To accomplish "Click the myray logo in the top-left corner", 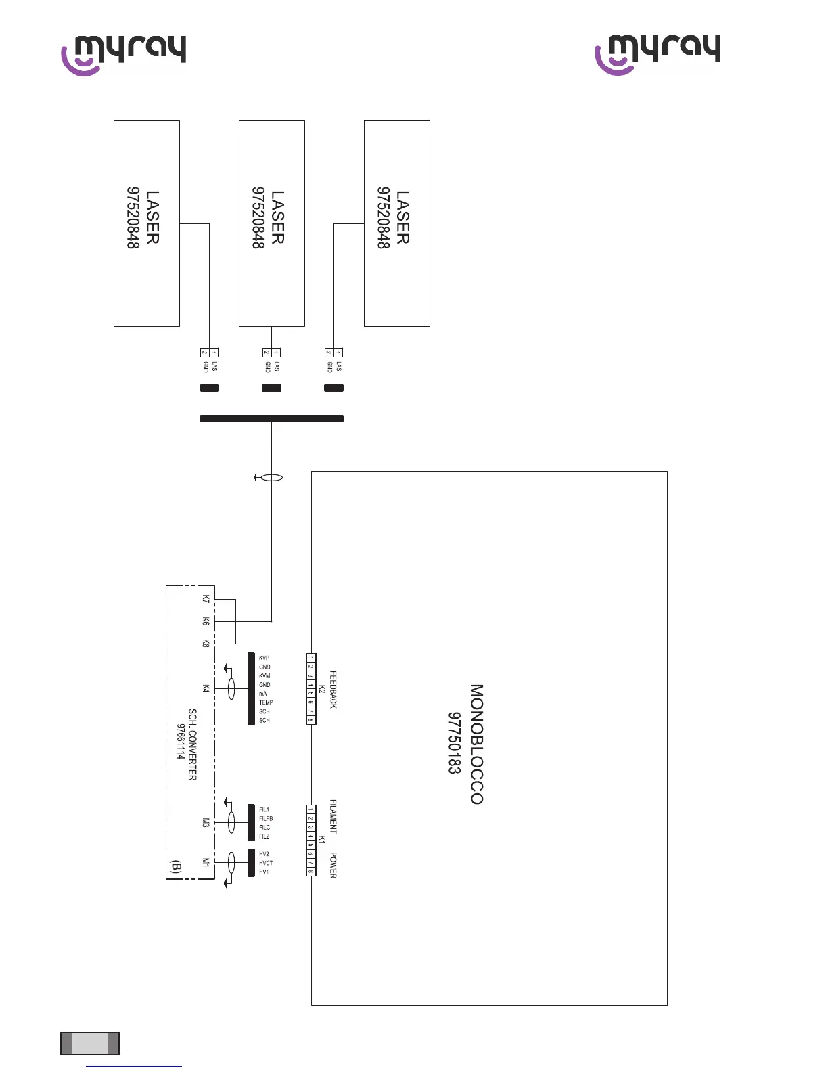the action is pyautogui.click(x=124, y=53).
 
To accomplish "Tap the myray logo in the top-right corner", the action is pyautogui.click(x=657, y=53).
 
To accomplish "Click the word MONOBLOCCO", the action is pyautogui.click(x=477, y=744).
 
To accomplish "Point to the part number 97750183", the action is pyautogui.click(x=454, y=743).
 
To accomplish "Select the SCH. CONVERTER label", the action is pyautogui.click(x=193, y=744).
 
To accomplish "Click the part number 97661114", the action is pyautogui.click(x=181, y=742).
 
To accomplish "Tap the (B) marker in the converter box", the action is pyautogui.click(x=176, y=867).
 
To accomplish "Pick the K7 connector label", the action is pyautogui.click(x=206, y=599).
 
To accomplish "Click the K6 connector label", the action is pyautogui.click(x=206, y=621).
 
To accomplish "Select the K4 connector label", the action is pyautogui.click(x=206, y=688).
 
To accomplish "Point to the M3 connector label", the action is pyautogui.click(x=206, y=822).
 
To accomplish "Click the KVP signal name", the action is pyautogui.click(x=264, y=658).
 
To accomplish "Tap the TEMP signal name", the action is pyautogui.click(x=266, y=702).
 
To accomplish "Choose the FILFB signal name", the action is pyautogui.click(x=266, y=818).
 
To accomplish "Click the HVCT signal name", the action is pyautogui.click(x=266, y=863).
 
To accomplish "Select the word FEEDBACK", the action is pyautogui.click(x=333, y=690).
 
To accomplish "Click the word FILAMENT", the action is pyautogui.click(x=333, y=816).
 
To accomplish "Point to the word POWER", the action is pyautogui.click(x=333, y=865).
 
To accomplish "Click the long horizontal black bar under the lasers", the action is pyautogui.click(x=272, y=418).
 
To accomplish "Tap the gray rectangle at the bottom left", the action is pyautogui.click(x=90, y=1043).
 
